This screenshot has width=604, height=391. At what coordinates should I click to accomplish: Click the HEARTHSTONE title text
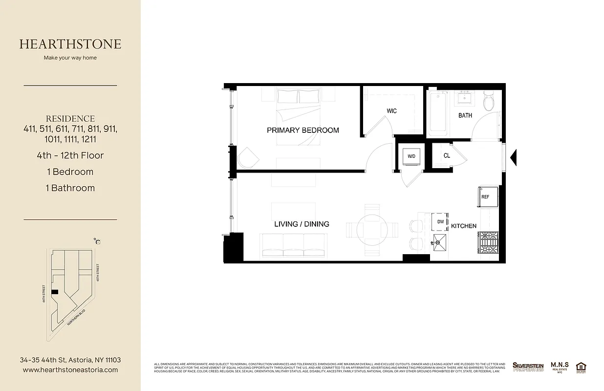point(70,44)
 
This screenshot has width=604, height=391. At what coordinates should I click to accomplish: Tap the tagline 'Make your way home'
point(70,58)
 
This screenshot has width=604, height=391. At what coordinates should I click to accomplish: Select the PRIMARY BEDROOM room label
point(302,130)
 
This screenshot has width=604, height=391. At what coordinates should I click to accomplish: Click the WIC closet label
point(391,111)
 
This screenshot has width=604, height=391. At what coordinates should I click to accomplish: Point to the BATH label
point(465,115)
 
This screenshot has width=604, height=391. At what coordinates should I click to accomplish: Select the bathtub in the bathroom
point(437,113)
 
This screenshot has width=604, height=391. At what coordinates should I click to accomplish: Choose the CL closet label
point(447,156)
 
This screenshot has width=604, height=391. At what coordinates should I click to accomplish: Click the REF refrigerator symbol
point(486,196)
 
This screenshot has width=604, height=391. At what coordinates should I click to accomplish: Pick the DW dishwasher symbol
point(440,221)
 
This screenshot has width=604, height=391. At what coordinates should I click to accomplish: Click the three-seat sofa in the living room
point(294,245)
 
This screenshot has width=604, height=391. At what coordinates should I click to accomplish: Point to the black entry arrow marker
point(513,157)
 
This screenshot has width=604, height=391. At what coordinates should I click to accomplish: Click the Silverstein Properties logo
point(528,367)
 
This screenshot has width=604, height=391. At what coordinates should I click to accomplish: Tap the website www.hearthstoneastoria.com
point(70,370)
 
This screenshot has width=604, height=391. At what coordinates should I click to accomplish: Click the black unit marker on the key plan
point(55,292)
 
